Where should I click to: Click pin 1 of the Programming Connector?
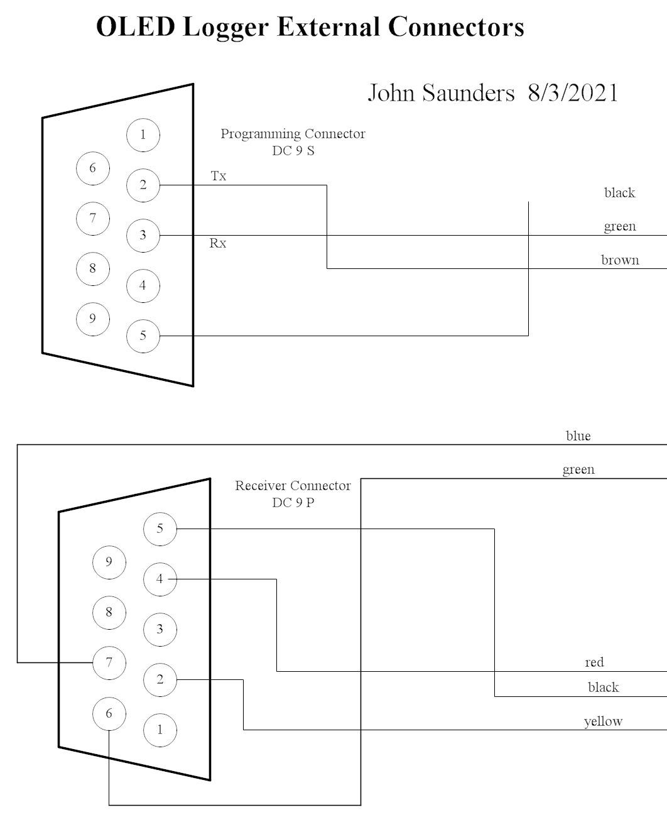point(143,134)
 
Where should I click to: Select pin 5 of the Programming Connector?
point(143,336)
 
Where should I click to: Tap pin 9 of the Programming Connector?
point(92,319)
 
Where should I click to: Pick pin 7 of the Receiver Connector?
point(109,662)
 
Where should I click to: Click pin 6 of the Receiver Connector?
point(109,713)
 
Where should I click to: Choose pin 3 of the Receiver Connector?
point(160,629)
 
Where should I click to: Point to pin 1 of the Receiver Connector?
point(160,730)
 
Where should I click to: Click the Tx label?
point(219,176)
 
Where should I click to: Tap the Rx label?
point(218,243)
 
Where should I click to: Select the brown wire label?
point(620,260)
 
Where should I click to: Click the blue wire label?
point(578,436)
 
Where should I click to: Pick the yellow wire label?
point(603,721)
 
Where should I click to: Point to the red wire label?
point(594,662)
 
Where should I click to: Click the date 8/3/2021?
point(573,93)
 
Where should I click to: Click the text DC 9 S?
point(293,151)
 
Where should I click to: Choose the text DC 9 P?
point(293,503)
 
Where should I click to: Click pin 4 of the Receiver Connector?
point(160,579)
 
